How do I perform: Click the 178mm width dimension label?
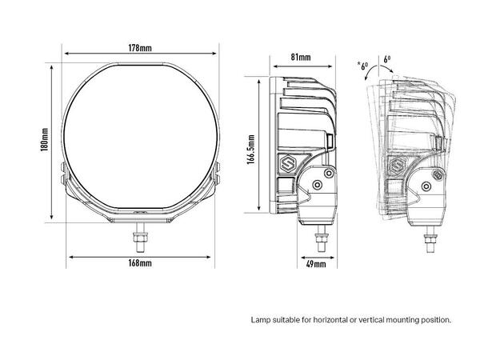click(140, 47)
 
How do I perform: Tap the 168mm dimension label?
click(140, 263)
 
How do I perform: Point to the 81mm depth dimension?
click(301, 57)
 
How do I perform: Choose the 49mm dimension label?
click(316, 263)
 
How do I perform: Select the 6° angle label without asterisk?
click(387, 59)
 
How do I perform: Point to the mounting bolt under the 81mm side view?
click(322, 235)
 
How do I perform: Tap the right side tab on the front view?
click(218, 170)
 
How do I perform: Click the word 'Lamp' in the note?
click(260, 319)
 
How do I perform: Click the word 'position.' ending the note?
click(436, 319)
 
